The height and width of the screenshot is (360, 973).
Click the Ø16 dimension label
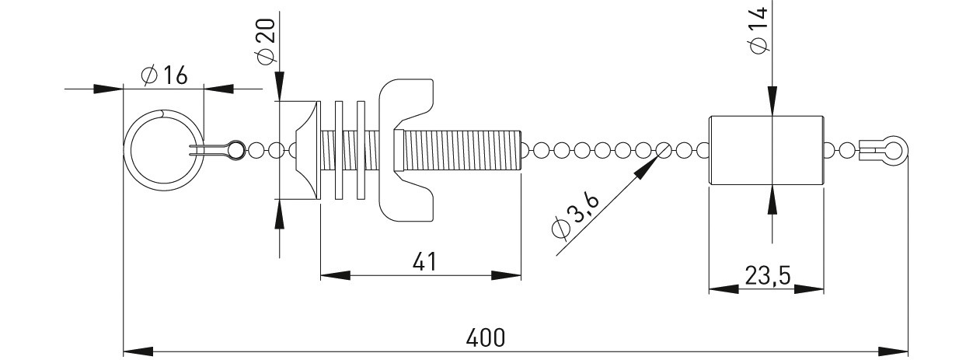click(x=164, y=75)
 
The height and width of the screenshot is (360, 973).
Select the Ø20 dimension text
click(x=267, y=42)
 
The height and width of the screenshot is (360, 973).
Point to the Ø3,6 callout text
click(x=575, y=215)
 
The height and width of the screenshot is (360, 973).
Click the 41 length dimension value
click(x=424, y=262)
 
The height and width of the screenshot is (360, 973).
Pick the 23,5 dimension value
click(x=768, y=276)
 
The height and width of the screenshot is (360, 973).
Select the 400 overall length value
click(x=486, y=337)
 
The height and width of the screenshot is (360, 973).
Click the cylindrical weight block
click(x=766, y=150)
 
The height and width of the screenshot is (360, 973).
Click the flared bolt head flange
click(x=308, y=150)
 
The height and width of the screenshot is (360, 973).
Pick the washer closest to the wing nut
click(x=361, y=150)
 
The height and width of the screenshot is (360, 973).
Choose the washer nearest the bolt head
click(x=339, y=150)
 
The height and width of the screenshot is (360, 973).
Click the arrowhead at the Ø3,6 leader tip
click(x=647, y=168)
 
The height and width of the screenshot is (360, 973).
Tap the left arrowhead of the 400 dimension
click(x=138, y=351)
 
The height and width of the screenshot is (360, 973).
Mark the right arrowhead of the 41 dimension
click(x=506, y=276)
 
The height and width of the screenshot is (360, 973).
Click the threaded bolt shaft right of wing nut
click(x=462, y=150)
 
